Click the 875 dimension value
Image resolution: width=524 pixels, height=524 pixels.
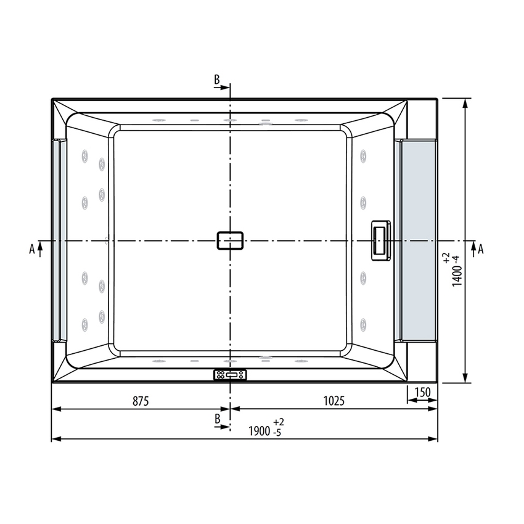pyautogui.click(x=141, y=401)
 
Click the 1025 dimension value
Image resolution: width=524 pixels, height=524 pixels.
pyautogui.click(x=334, y=401)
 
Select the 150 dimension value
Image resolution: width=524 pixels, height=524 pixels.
pyautogui.click(x=422, y=393)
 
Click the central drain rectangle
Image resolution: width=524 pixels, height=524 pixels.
pyautogui.click(x=231, y=240)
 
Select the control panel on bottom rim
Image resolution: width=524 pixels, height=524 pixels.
pyautogui.click(x=229, y=375)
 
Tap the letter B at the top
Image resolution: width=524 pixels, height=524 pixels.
pyautogui.click(x=217, y=80)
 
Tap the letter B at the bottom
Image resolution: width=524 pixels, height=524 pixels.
pyautogui.click(x=217, y=419)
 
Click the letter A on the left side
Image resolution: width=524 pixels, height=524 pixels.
pyautogui.click(x=31, y=248)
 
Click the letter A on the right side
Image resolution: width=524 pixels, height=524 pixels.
pyautogui.click(x=481, y=248)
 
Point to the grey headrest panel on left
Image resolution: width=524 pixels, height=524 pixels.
pyautogui.click(x=59, y=239)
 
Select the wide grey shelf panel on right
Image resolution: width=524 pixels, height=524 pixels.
pyautogui.click(x=419, y=239)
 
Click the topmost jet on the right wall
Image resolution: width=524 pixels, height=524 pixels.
pyautogui.click(x=364, y=155)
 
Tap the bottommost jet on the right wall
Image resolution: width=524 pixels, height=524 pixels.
pyautogui.click(x=364, y=324)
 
